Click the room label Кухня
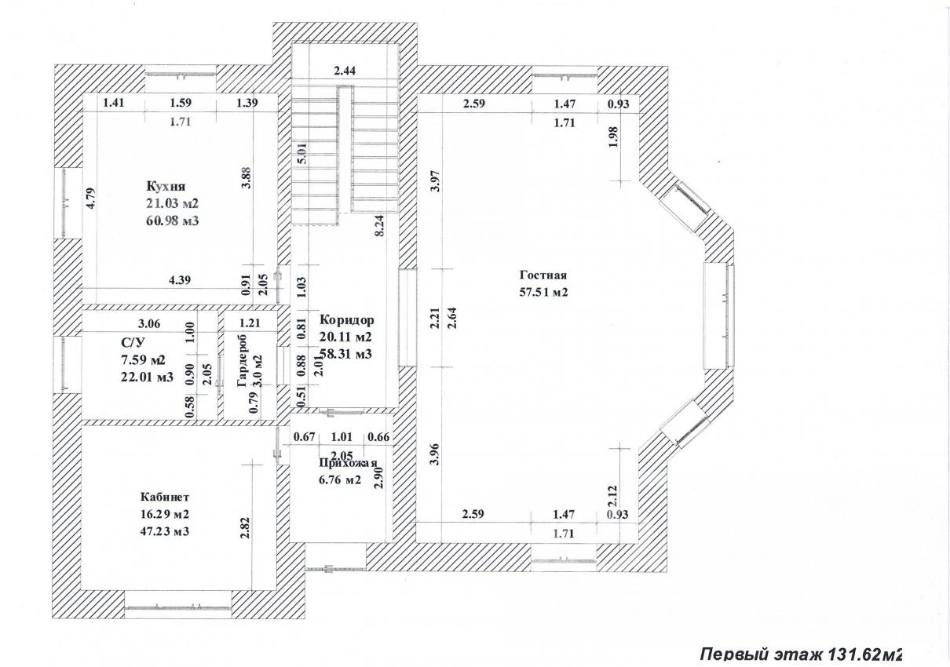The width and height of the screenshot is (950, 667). (x=166, y=186)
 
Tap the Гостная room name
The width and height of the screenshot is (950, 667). (x=543, y=275)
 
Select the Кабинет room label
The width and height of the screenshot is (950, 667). (x=165, y=496)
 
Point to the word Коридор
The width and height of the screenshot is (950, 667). (x=346, y=320)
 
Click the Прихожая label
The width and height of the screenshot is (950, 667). (x=348, y=464)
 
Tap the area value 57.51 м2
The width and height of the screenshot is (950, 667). (x=543, y=293)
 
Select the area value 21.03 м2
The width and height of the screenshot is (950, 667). (x=172, y=203)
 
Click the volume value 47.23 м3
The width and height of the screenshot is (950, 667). (x=165, y=531)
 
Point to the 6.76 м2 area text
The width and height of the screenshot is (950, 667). (x=340, y=479)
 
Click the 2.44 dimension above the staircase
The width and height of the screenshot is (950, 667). (x=345, y=71)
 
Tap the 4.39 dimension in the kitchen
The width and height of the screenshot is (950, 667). (x=179, y=279)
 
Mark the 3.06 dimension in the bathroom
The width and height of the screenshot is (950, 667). (x=149, y=324)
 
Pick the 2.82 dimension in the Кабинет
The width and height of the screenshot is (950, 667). (x=245, y=527)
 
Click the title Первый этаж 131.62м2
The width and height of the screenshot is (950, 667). (x=801, y=654)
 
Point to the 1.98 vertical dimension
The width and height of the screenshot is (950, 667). (x=614, y=137)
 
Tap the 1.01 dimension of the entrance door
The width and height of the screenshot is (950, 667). (x=342, y=436)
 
